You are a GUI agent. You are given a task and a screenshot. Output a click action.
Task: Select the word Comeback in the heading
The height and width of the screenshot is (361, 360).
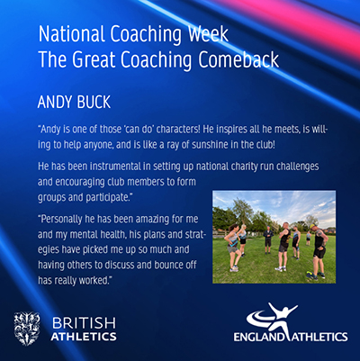click(238, 59)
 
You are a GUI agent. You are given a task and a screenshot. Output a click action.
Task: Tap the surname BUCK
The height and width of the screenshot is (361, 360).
click(94, 102)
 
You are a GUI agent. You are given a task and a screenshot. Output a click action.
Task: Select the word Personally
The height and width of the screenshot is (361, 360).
click(61, 220)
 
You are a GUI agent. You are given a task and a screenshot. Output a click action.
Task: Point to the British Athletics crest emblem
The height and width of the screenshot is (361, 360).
click(27, 329)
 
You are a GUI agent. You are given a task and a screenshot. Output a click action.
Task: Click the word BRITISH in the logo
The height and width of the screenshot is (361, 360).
click(84, 323)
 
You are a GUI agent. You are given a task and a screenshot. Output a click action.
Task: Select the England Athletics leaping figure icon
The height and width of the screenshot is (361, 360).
click(272, 318)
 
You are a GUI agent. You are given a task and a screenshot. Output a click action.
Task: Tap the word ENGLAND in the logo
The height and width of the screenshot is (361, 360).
click(259, 337)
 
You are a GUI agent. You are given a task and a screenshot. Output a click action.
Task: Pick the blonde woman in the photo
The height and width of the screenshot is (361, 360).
click(242, 239)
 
